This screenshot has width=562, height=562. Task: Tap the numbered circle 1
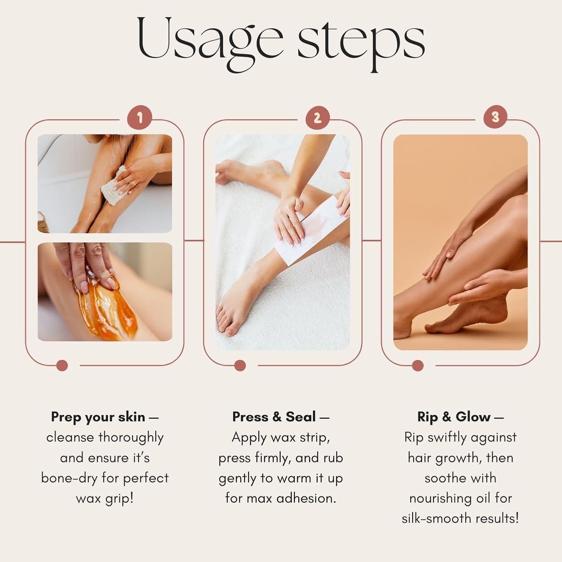(x=140, y=118)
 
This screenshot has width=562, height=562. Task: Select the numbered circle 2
(x=317, y=118)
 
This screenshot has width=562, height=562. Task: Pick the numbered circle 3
(x=495, y=117)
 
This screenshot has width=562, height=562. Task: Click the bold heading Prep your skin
(x=98, y=417)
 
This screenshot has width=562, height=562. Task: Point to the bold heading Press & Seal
(x=274, y=417)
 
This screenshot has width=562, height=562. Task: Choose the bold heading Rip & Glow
(x=454, y=417)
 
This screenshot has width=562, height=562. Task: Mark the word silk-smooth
(x=436, y=519)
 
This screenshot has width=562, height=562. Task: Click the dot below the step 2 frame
(x=240, y=365)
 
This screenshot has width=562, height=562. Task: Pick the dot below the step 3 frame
(x=418, y=365)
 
